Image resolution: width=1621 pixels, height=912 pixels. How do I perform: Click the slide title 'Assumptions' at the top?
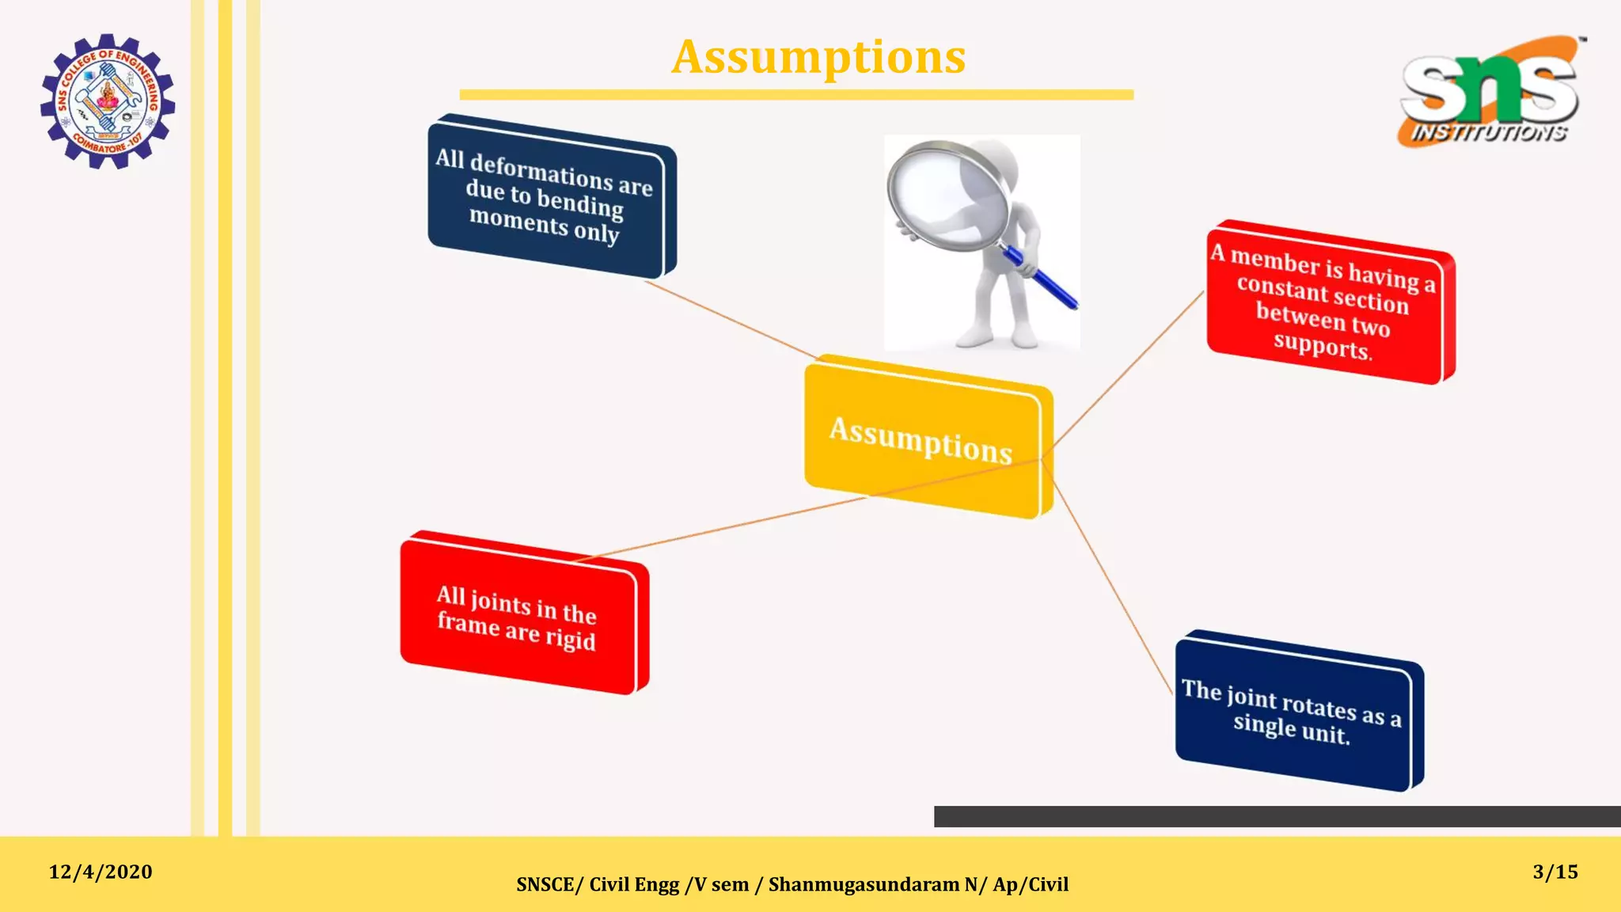click(818, 57)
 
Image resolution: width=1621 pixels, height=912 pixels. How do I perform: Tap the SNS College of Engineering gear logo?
click(108, 101)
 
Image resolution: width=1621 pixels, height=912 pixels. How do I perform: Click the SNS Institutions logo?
click(1491, 92)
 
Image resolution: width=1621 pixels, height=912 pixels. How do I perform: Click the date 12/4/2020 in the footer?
click(101, 872)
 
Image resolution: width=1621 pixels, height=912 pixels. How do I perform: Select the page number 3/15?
click(1555, 872)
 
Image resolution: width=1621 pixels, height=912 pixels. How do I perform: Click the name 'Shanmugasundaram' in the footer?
click(864, 884)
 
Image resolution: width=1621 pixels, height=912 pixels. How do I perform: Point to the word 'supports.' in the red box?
click(1322, 346)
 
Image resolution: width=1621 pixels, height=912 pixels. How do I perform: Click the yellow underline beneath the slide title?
click(796, 95)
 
